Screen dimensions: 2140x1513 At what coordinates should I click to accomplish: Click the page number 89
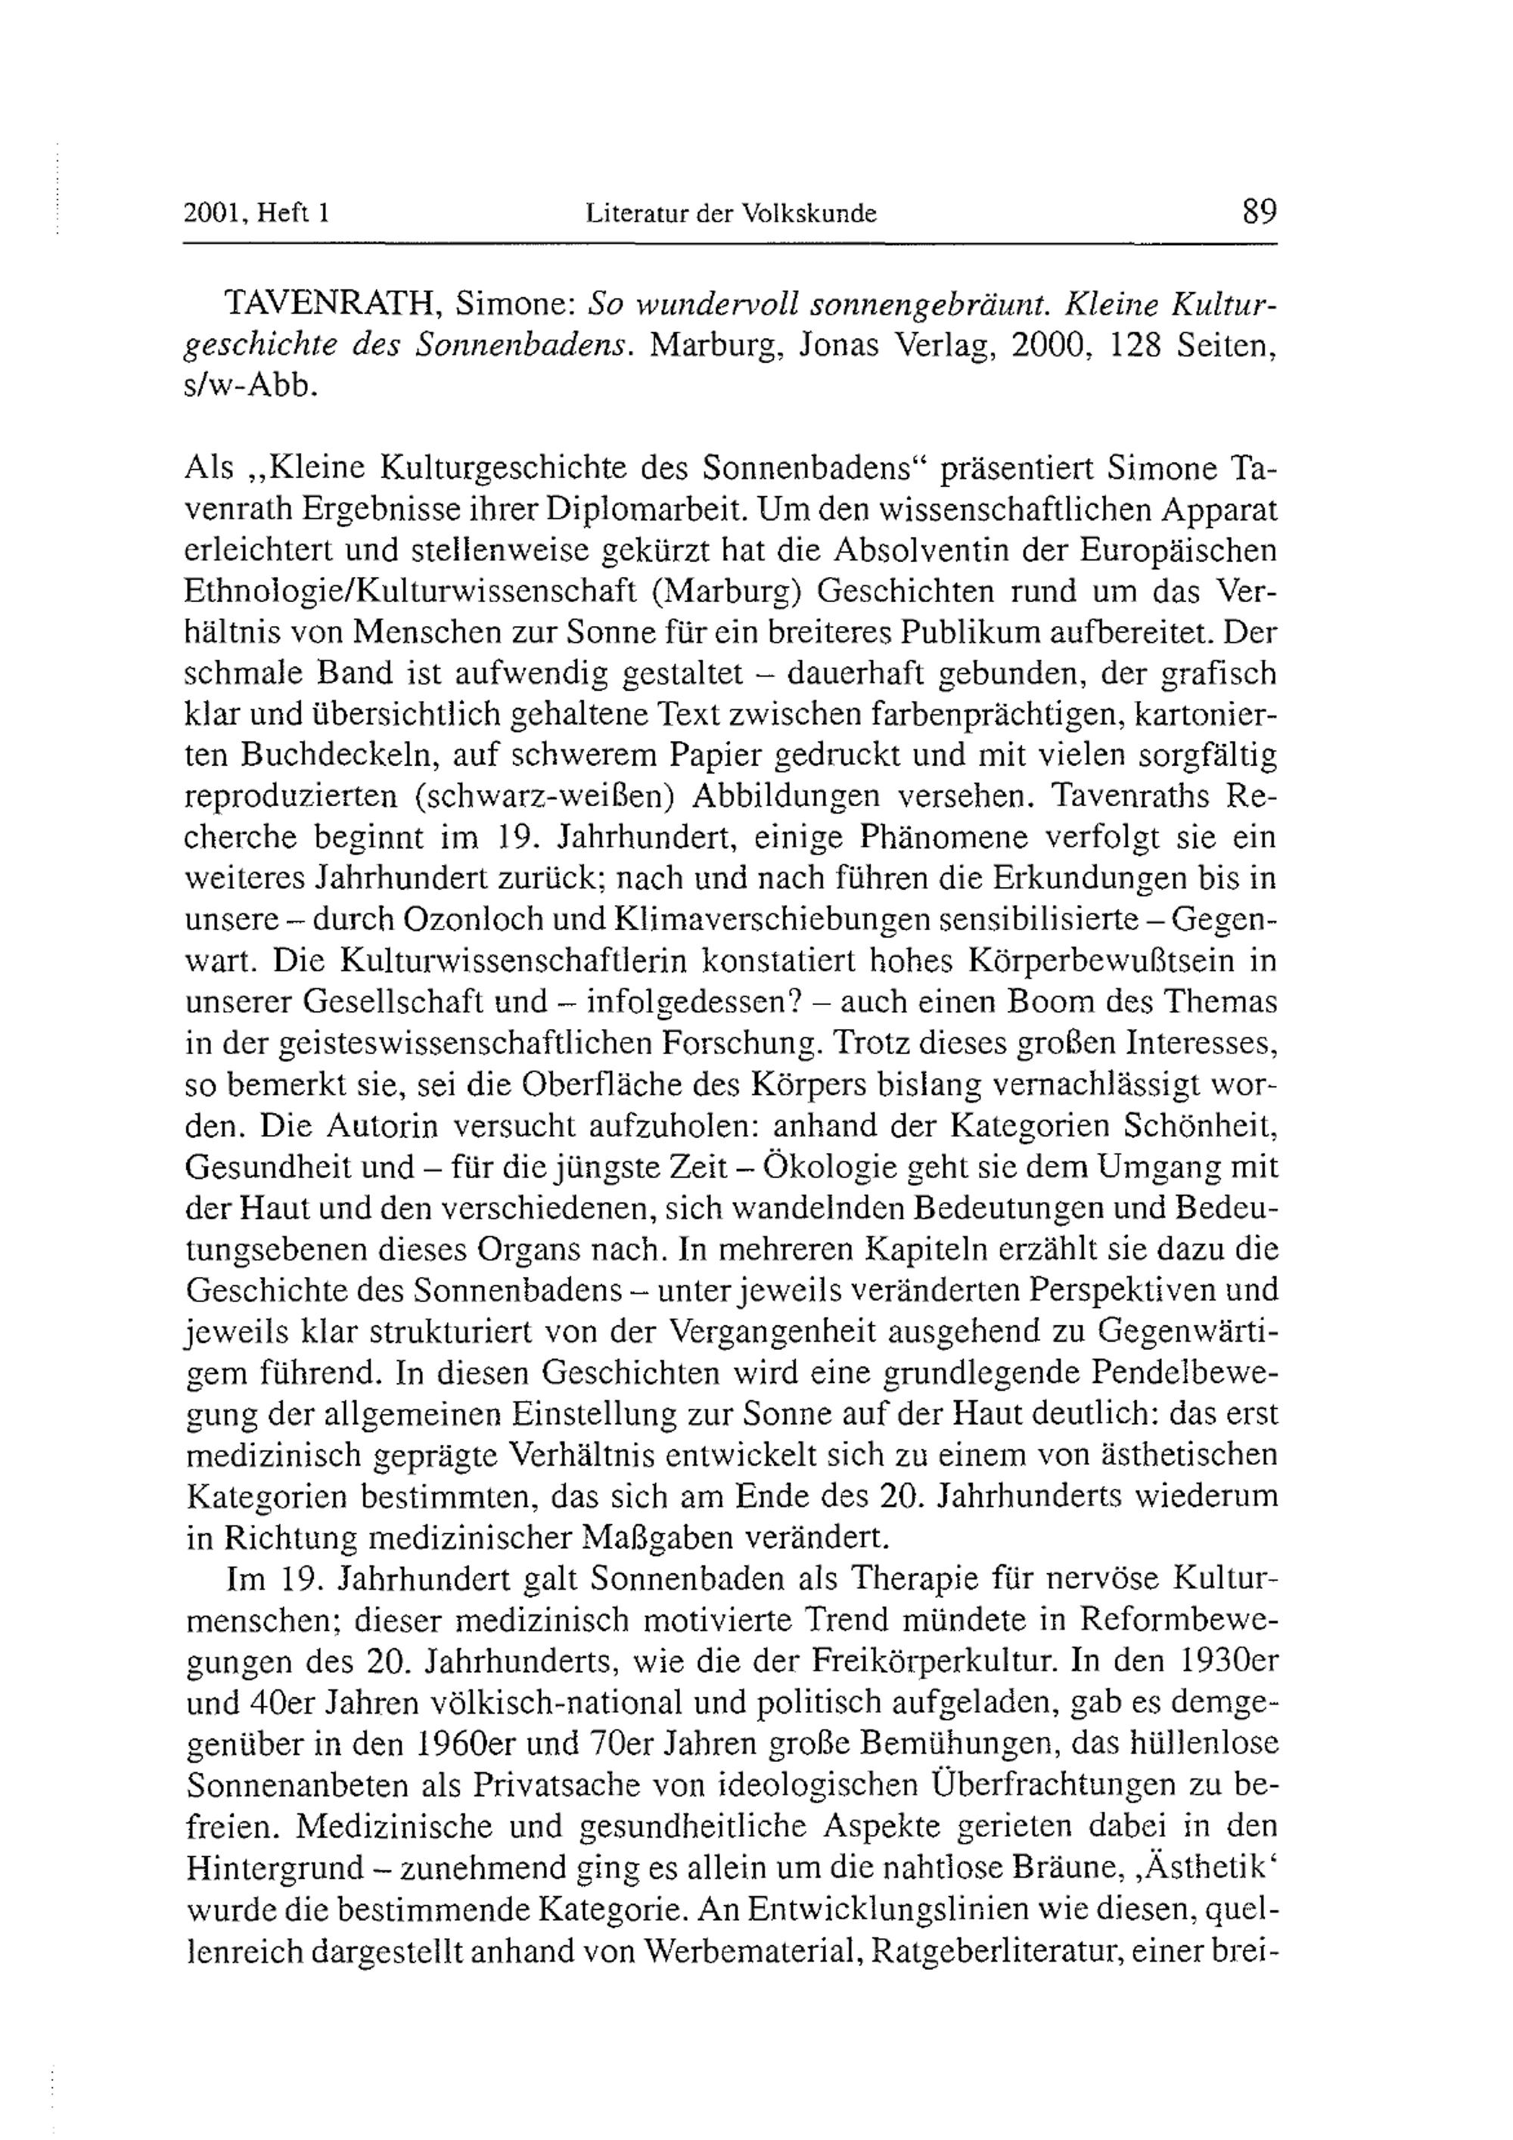pyautogui.click(x=1259, y=212)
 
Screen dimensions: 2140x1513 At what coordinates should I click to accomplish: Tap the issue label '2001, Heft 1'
pyautogui.click(x=257, y=214)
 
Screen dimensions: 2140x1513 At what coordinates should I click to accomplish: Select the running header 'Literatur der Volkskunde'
pyautogui.click(x=732, y=214)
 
